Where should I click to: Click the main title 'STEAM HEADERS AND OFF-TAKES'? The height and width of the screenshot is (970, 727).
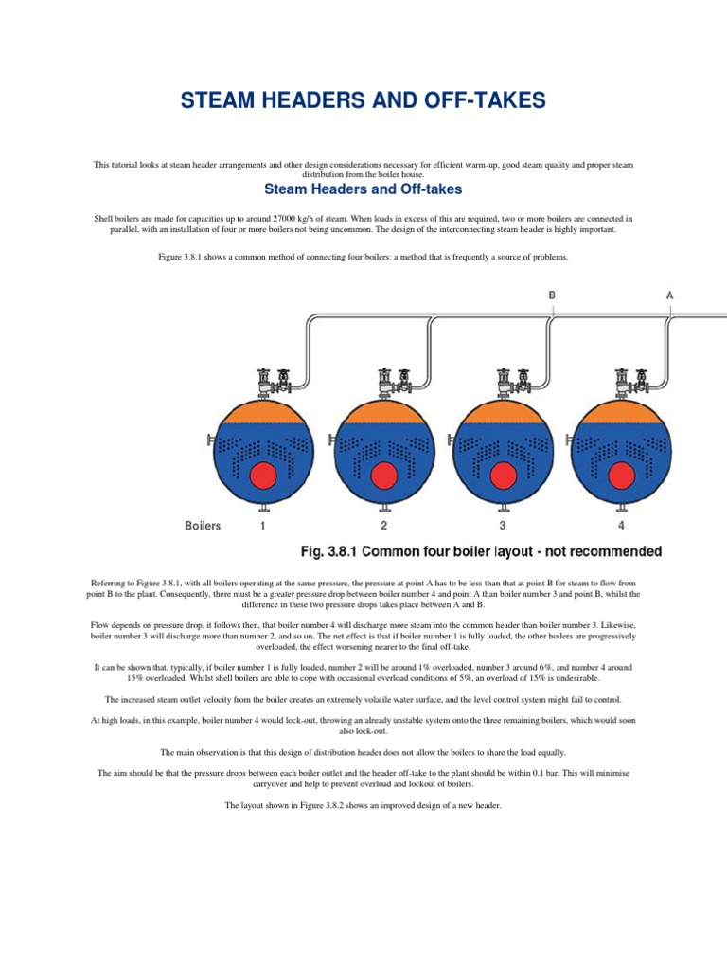363,100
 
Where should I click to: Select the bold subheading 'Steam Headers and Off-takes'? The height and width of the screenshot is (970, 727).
363,189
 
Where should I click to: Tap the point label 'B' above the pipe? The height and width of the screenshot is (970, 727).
552,296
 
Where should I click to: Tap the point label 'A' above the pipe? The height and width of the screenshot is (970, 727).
670,296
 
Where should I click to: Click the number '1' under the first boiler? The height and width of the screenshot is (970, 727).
262,525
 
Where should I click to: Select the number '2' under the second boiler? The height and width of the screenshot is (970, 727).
383,525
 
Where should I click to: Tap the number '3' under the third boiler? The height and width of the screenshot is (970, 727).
503,525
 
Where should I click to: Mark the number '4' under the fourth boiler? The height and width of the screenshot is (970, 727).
622,525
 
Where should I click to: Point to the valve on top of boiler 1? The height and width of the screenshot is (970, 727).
265,381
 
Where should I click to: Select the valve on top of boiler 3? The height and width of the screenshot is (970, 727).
505,381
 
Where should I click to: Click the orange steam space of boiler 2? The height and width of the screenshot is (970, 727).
383,410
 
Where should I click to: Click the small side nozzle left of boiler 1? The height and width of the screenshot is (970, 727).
209,440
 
